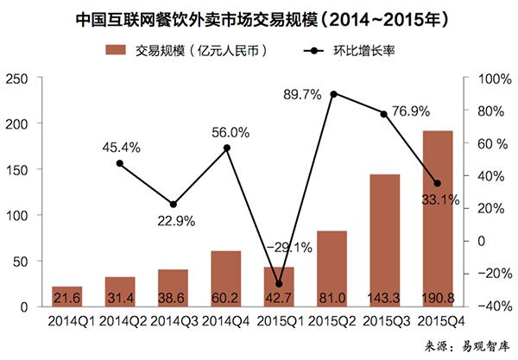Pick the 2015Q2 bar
pos(332,268)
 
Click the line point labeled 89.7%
pos(333,93)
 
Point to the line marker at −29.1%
pos(279,284)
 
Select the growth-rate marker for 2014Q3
pos(173,205)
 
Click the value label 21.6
pos(66,298)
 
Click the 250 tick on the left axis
pos(18,79)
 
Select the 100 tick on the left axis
pos(18,215)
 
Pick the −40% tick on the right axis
pos(490,306)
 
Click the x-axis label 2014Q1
pos(66,321)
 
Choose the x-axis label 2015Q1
pos(279,321)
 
